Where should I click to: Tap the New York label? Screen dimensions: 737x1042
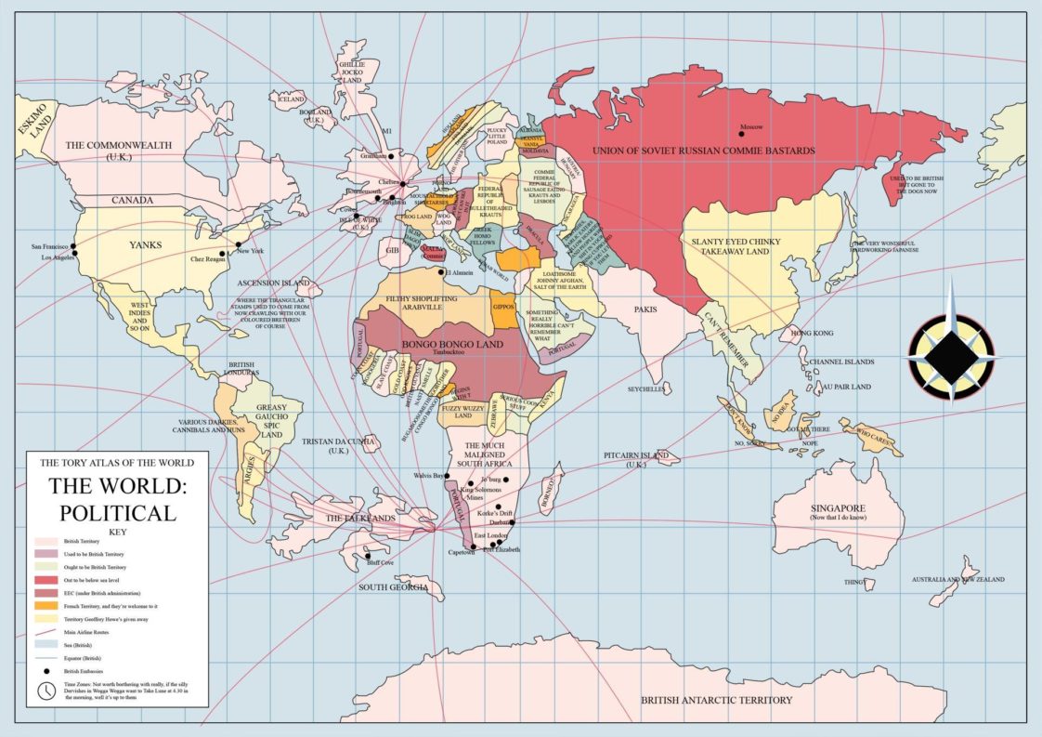251,252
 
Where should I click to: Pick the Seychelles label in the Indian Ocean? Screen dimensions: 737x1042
646,389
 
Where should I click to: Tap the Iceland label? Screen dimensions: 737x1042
291,99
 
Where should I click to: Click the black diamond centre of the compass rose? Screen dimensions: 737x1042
951,357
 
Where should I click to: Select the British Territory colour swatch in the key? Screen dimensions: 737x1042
46,540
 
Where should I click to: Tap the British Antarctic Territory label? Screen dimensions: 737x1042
716,700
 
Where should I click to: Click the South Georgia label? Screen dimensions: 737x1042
394,587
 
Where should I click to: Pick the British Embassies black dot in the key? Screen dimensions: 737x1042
46,669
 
